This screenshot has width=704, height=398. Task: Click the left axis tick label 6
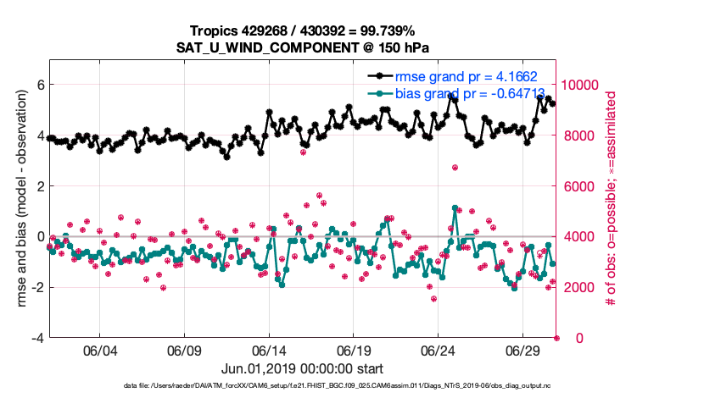click(39, 85)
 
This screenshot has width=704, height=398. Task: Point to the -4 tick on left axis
click(36, 338)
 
